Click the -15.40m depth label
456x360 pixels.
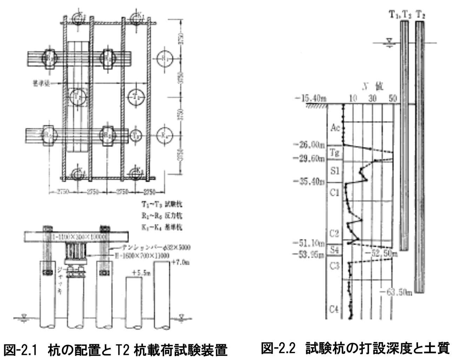pos(310,99)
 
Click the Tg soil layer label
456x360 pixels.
pos(335,153)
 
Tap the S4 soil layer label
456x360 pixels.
pos(335,249)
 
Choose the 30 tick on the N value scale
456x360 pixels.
pos(372,98)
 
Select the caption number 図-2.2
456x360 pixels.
pos(281,348)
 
